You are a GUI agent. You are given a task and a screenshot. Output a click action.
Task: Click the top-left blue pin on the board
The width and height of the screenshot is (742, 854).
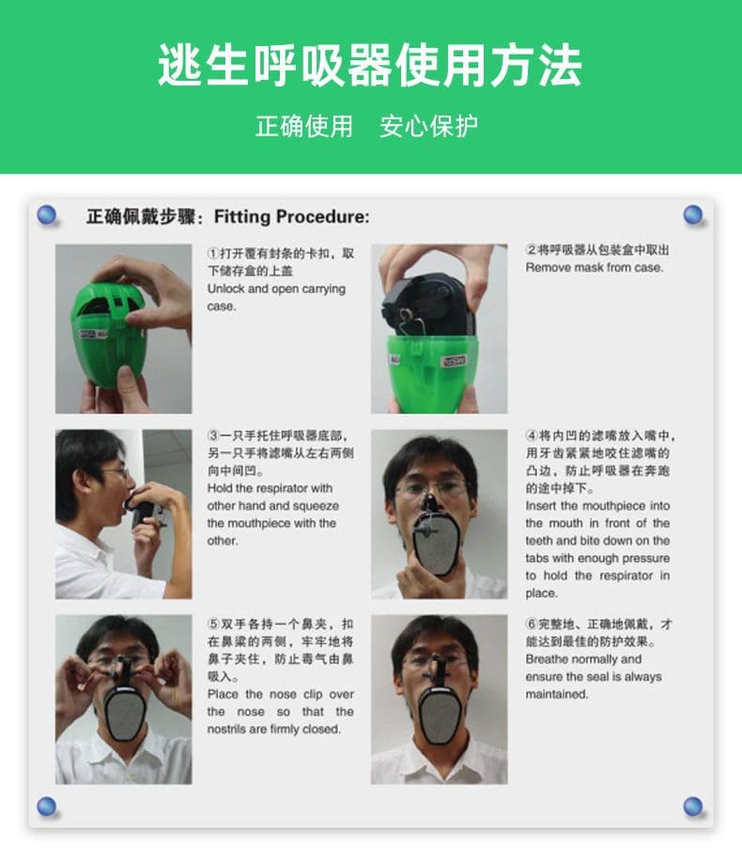coord(47,214)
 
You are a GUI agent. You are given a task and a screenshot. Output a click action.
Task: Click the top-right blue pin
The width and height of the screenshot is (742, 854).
coord(693,214)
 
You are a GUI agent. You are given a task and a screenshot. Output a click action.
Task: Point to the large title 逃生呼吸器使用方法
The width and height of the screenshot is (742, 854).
coord(370,66)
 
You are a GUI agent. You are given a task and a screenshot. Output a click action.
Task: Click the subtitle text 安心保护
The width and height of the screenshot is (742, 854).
coord(429,126)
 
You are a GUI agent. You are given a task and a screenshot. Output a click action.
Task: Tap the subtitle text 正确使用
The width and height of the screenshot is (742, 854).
coord(304,126)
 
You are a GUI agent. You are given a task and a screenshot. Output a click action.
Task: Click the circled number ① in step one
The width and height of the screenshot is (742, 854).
coord(213,254)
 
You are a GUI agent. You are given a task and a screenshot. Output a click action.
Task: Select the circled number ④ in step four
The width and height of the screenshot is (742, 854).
coord(532,436)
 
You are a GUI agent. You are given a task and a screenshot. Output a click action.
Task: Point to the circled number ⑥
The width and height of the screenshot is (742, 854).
coord(532,624)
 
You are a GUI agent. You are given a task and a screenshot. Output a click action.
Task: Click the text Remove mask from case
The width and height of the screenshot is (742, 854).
coord(595,268)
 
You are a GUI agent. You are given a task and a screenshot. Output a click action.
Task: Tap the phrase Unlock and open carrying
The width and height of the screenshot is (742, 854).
coord(276,288)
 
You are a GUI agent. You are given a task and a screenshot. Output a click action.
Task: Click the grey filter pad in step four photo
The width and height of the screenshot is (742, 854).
coord(435,549)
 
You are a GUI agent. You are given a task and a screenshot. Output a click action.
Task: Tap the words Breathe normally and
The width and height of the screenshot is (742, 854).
coord(583,659)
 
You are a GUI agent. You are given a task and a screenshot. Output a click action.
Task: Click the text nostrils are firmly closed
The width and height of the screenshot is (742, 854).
coord(274,729)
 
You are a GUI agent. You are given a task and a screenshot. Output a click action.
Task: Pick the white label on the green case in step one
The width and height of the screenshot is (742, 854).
coord(94,334)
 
